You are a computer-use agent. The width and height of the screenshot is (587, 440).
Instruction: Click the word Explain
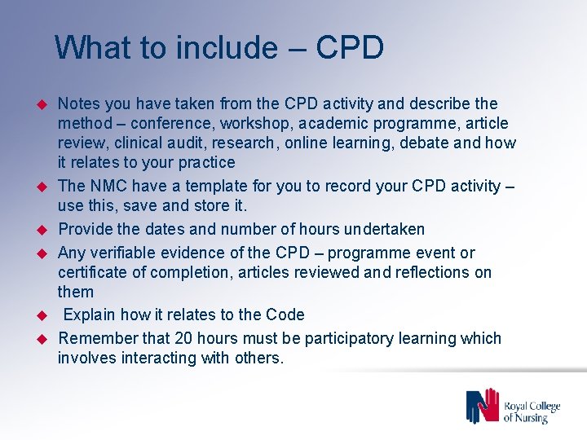click(x=91, y=315)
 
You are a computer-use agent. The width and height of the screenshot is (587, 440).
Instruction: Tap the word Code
click(x=286, y=315)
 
